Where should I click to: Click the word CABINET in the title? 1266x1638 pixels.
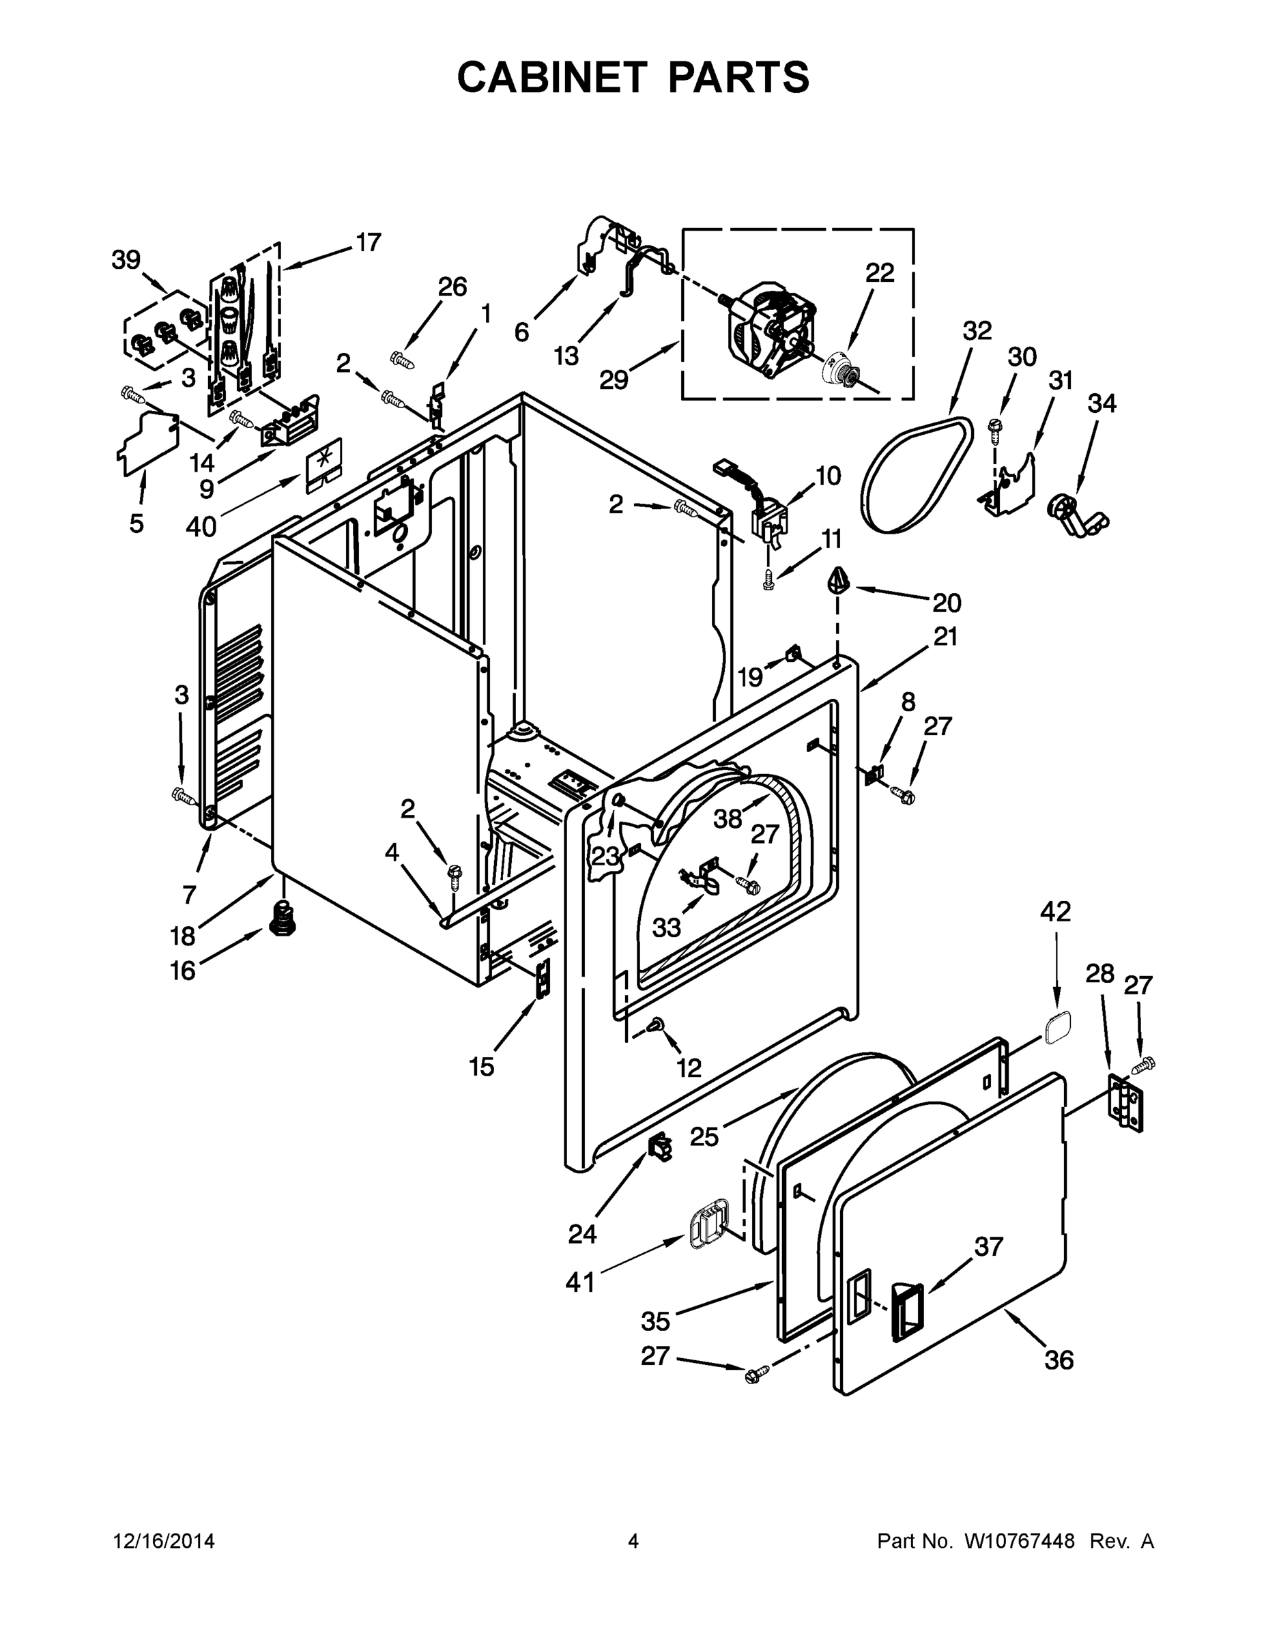551,77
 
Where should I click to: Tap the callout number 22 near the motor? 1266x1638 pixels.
880,273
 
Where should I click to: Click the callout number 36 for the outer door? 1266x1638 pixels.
1059,1359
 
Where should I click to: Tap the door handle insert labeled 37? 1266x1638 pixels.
907,1311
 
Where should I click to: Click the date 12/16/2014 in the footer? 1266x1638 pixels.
164,1541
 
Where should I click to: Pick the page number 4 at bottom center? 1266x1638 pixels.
633,1541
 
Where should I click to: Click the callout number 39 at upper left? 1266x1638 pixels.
126,259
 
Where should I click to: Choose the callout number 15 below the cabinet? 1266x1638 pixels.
482,1067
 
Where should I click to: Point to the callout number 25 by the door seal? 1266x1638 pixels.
704,1136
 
